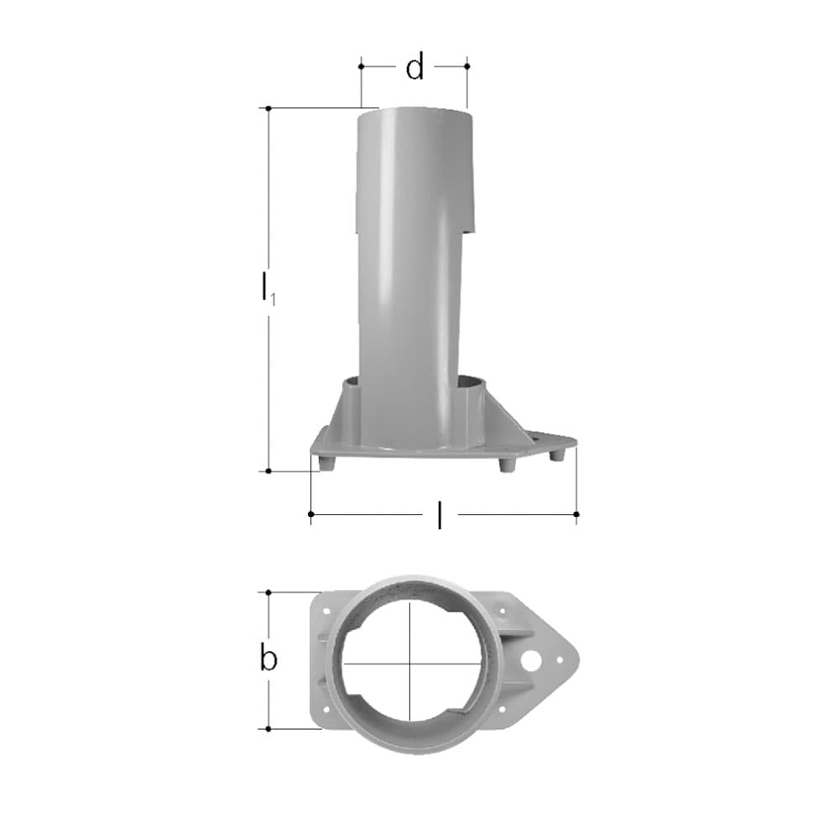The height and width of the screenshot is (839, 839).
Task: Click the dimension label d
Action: coord(414,66)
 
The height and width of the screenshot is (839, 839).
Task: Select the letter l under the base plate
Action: coord(440,515)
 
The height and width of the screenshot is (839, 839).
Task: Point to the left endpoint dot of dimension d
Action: coord(361,66)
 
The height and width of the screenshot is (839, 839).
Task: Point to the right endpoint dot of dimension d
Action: coord(467,66)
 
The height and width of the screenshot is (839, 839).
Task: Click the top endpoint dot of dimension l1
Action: coord(268,108)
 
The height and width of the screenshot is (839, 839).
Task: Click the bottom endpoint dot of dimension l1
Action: coord(268,471)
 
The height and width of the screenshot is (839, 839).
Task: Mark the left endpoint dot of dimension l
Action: coord(311,514)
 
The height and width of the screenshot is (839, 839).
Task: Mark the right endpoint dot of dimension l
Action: coord(576,514)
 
